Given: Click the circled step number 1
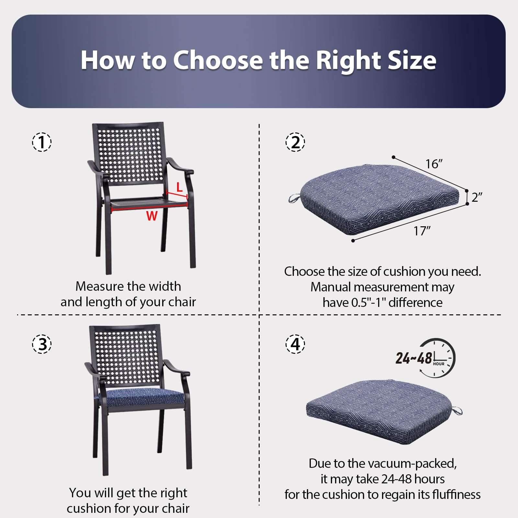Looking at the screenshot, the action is [42, 142].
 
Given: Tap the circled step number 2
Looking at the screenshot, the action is [295, 142].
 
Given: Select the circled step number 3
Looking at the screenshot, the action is [42, 344].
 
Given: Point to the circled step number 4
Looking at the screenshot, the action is [295, 344].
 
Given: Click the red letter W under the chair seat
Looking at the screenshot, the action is [152, 216].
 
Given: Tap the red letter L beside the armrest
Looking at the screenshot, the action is [179, 187].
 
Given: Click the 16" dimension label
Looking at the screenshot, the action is [434, 164].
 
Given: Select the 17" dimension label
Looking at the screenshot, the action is [422, 231].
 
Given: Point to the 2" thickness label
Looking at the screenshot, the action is [477, 197].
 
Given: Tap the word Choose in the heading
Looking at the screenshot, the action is [218, 61].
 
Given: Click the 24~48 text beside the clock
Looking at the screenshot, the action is [414, 358].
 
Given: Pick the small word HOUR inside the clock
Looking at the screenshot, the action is [439, 364].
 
